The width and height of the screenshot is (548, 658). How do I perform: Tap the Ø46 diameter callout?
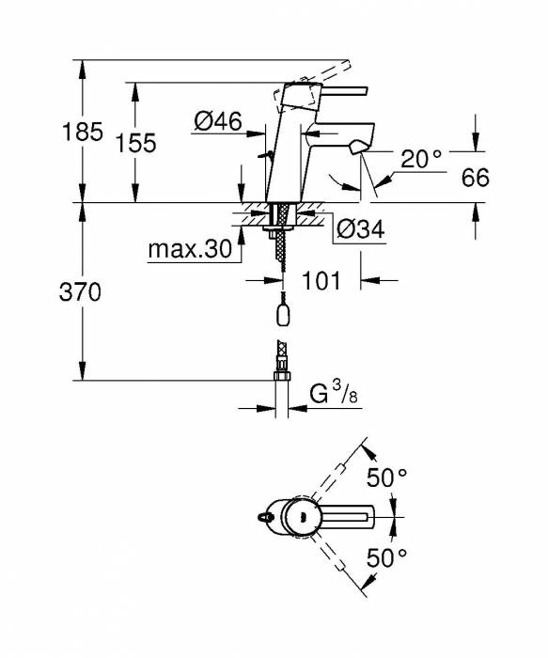[217, 120]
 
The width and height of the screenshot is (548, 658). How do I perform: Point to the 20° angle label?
[421, 159]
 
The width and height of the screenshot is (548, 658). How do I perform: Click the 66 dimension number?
[476, 178]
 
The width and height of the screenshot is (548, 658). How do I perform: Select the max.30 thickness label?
[189, 250]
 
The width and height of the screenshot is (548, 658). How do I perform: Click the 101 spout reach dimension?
[321, 280]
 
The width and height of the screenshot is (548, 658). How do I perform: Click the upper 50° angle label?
[386, 478]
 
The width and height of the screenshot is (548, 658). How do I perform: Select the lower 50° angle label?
[386, 557]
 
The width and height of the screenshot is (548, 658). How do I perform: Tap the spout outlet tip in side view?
[358, 149]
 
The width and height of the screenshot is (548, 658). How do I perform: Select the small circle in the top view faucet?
[302, 515]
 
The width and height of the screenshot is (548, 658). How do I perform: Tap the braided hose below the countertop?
[280, 254]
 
